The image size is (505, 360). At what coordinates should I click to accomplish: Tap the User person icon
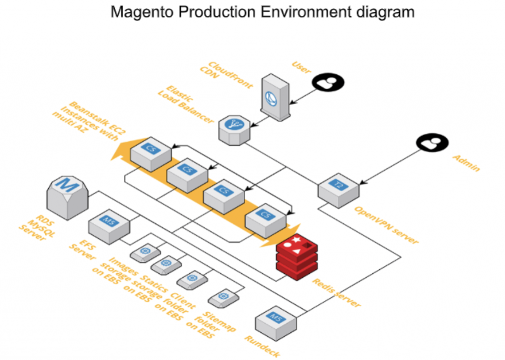327,82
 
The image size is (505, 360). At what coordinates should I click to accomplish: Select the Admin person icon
431,143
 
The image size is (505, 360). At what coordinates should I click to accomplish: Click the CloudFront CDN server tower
275,97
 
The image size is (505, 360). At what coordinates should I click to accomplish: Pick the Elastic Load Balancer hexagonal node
234,129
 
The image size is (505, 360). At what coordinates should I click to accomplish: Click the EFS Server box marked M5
108,224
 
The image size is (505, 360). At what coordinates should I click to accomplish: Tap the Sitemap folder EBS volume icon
223,297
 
